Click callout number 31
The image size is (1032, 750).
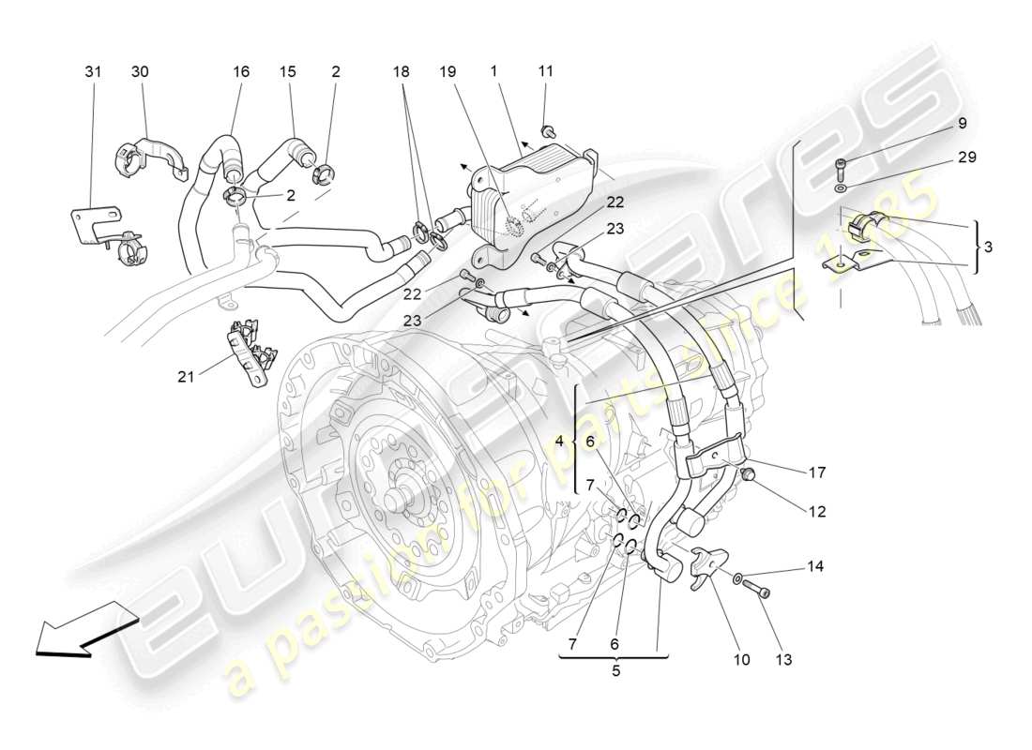click(x=92, y=71)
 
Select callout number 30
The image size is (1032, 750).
click(x=140, y=71)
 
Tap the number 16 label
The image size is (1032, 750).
click(x=241, y=71)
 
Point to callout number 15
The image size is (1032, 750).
click(x=287, y=71)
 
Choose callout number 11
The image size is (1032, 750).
click(x=546, y=71)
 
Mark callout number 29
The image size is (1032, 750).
click(x=966, y=157)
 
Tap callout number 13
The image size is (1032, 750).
click(x=784, y=659)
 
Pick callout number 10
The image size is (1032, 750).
click(x=741, y=659)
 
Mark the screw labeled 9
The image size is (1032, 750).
click(x=842, y=170)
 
